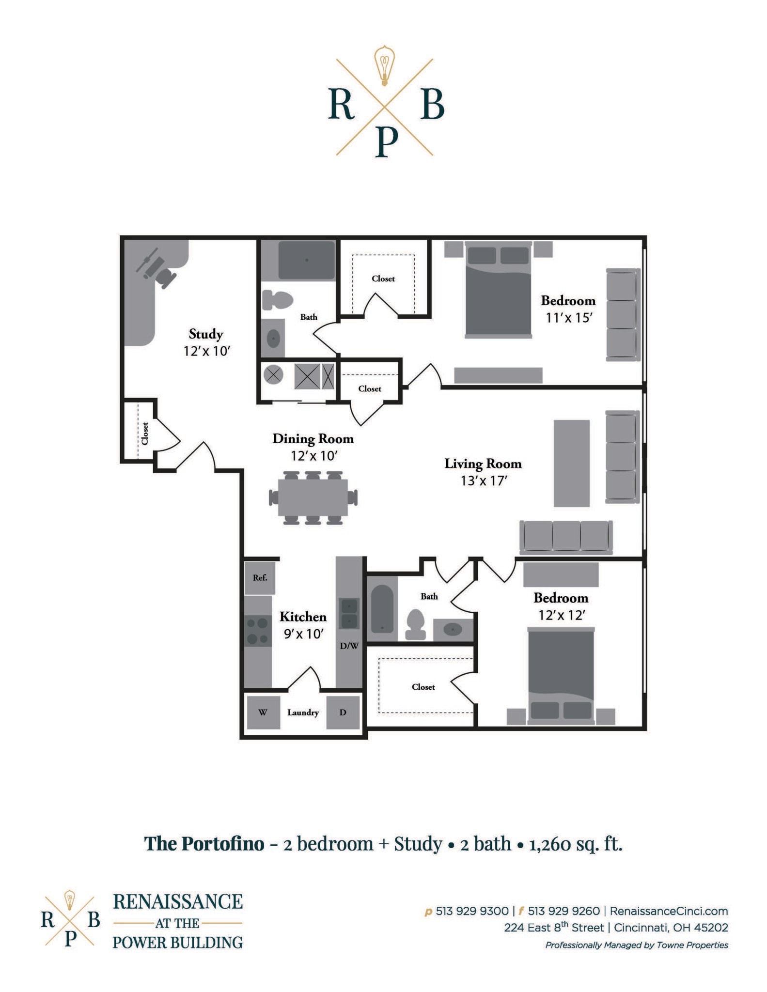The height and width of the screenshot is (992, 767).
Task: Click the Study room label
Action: tap(206, 334)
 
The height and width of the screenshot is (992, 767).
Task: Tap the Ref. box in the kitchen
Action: tap(260, 577)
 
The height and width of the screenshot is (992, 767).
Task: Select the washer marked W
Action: tap(263, 712)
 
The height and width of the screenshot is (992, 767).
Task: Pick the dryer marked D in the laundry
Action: tap(343, 712)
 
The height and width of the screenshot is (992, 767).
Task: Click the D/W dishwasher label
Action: tap(349, 646)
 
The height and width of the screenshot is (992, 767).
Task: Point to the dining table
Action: tap(313, 497)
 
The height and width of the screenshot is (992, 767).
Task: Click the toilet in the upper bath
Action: tap(277, 300)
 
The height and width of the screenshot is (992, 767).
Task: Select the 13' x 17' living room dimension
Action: tap(483, 480)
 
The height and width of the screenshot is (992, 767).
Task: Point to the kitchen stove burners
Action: tap(257, 631)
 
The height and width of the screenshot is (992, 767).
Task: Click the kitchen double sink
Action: tap(349, 613)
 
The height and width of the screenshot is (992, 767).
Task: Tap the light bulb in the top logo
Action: tap(385, 65)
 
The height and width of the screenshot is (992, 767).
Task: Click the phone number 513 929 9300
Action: tap(472, 911)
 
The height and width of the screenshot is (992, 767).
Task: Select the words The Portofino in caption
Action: tap(204, 843)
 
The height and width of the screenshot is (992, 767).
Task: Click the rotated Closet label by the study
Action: tap(144, 433)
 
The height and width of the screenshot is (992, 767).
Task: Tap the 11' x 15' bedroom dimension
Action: tap(569, 318)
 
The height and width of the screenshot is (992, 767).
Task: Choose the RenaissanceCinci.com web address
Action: tap(669, 911)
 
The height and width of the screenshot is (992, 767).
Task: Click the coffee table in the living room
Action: tap(571, 463)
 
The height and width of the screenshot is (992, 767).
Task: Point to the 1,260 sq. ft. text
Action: tap(576, 843)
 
